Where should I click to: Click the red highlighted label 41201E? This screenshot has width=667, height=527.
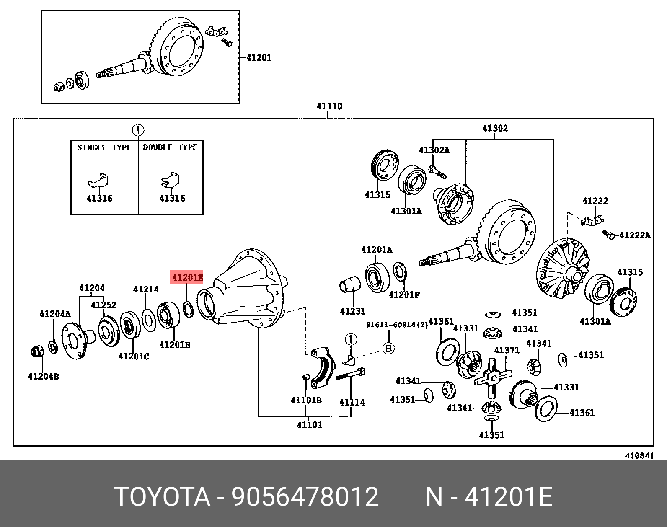[186, 277]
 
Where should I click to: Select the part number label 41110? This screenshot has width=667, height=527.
[329, 106]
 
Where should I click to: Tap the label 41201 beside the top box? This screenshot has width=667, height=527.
[259, 58]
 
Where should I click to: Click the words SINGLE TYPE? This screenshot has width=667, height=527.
[104, 147]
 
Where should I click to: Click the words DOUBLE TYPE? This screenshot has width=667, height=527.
[170, 147]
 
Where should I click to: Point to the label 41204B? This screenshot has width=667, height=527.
[43, 376]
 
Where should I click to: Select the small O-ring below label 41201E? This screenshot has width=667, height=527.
[188, 309]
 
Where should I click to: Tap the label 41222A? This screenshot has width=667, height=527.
[635, 235]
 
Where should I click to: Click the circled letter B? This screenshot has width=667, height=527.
[389, 348]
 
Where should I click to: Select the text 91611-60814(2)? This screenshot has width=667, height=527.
[397, 325]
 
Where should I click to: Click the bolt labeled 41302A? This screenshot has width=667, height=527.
[437, 171]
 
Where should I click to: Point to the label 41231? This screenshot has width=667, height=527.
[352, 311]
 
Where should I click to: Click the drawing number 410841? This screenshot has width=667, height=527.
[639, 456]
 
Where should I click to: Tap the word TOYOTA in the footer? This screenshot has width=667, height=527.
[162, 497]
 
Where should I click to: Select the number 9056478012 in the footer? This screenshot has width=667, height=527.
[305, 497]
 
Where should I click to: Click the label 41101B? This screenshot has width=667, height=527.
[306, 400]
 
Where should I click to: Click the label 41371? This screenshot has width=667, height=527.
[506, 350]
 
